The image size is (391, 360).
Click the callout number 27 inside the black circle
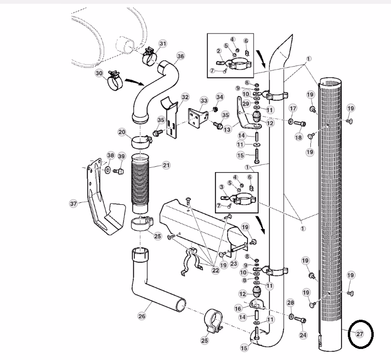click(x=359, y=334)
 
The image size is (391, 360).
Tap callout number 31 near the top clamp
click(x=163, y=44)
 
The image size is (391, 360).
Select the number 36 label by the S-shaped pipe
click(x=180, y=56)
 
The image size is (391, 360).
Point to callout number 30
click(x=99, y=73)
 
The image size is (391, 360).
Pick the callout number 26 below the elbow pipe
click(x=142, y=316)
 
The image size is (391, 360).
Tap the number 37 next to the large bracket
click(x=73, y=204)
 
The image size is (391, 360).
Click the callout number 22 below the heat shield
click(x=215, y=270)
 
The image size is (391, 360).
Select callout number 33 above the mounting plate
click(x=204, y=101)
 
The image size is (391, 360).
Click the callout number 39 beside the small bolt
click(x=121, y=156)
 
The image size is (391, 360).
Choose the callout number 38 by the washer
click(x=110, y=155)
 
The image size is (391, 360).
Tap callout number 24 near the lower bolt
click(x=303, y=335)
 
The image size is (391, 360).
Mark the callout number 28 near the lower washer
click(x=291, y=303)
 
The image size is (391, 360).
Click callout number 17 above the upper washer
click(x=293, y=108)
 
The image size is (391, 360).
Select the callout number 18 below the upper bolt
click(x=298, y=137)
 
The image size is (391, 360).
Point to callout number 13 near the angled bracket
click(x=227, y=129)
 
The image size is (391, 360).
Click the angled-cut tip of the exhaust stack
click(x=292, y=35)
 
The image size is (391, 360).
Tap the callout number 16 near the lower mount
click(x=238, y=309)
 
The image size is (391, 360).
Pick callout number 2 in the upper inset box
click(x=219, y=51)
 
